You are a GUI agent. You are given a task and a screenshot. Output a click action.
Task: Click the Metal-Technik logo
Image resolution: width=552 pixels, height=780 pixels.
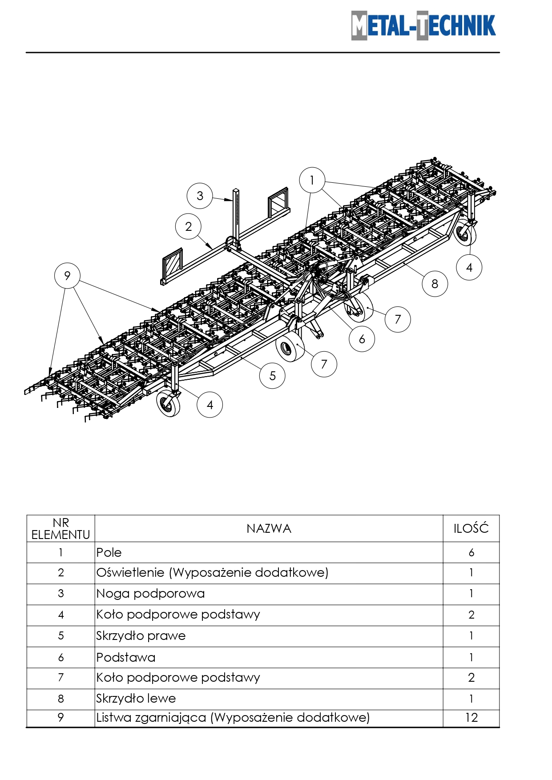(x=423, y=25)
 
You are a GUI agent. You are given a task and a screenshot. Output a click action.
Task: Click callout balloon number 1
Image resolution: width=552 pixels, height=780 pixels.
(x=312, y=180)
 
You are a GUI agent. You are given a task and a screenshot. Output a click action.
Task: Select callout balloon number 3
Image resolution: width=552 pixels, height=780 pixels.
(x=200, y=196)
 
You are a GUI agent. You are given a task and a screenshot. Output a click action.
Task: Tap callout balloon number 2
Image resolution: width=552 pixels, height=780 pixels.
(x=189, y=226)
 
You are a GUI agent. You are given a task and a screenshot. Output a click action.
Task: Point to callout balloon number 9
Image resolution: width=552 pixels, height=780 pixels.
(x=67, y=276)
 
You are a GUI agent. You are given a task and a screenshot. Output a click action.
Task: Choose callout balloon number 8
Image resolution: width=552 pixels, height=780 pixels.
(x=435, y=284)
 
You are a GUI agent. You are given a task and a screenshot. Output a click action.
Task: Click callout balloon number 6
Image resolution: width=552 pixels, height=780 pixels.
(x=362, y=339)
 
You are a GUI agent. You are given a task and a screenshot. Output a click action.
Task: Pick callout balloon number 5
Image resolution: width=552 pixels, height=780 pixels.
(x=272, y=376)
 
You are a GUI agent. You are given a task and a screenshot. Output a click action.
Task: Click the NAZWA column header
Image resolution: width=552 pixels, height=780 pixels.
(x=269, y=529)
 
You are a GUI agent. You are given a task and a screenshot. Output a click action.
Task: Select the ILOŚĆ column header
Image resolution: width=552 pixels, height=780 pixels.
(x=471, y=529)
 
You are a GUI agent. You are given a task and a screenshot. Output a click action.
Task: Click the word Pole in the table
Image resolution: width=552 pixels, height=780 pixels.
(x=109, y=553)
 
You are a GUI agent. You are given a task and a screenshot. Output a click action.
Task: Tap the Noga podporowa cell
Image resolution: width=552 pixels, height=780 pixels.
(x=150, y=594)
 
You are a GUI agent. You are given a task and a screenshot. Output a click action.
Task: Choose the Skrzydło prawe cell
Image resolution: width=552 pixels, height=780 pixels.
(x=141, y=636)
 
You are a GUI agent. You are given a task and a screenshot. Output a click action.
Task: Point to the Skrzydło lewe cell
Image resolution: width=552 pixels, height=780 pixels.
(x=136, y=699)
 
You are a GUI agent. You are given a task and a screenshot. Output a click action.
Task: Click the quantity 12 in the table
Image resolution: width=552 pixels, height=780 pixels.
(x=471, y=717)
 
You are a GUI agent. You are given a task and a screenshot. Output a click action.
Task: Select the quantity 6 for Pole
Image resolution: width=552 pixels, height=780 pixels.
(x=471, y=553)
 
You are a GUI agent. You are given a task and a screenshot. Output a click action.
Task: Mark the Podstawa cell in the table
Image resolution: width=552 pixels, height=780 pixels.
(x=126, y=657)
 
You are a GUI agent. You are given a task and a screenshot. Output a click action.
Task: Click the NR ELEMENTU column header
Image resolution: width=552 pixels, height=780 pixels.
(x=61, y=529)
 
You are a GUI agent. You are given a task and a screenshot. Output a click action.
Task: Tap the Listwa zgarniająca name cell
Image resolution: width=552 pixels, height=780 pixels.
(x=233, y=717)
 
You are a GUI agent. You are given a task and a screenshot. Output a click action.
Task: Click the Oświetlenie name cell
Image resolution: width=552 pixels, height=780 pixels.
(x=212, y=573)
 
